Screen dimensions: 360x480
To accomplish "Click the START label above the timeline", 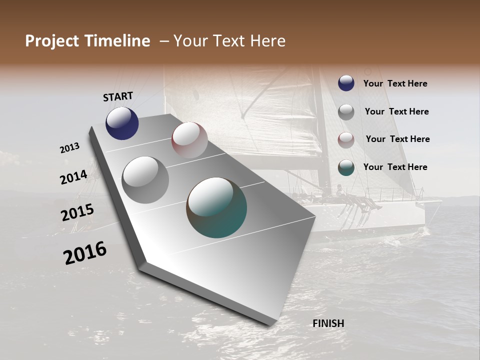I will coord(118,96).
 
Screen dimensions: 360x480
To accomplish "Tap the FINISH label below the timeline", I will coord(328,323).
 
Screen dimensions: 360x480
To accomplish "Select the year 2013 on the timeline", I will coord(70,148).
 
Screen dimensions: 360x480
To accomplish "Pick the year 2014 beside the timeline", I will coord(73,177).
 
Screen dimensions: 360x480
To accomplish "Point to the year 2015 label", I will coord(77,212).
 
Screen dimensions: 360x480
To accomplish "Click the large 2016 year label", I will coord(85,252).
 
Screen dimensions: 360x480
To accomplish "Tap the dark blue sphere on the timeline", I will coord(122,123).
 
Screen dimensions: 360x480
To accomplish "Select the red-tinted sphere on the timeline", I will coord(189,140).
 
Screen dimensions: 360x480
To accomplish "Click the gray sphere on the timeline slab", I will coord(145,179).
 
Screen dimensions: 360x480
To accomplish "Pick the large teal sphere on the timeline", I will coord(216,207).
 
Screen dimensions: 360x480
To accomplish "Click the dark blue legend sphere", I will coord(346,83).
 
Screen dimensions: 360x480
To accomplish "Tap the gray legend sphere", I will coord(346,111).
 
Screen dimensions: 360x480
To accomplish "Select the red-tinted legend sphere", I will coord(346,139).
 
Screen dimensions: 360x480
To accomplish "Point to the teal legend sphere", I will coord(346,167).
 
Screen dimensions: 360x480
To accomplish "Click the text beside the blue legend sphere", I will coord(395,83).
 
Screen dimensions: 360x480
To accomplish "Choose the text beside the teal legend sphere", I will coord(395,167).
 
